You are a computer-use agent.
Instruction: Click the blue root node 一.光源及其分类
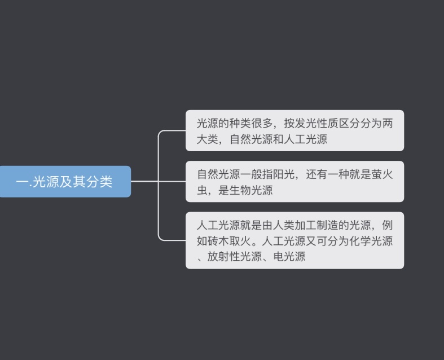coord(65,182)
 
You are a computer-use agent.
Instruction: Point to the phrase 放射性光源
coord(235,257)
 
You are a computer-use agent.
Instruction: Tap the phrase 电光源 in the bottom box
coord(289,257)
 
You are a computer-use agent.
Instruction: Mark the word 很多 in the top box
coord(262,123)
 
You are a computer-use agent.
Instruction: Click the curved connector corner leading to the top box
coord(160,132)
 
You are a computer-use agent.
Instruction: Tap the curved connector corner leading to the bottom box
coord(160,239)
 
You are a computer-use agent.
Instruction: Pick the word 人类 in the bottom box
coord(284,225)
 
